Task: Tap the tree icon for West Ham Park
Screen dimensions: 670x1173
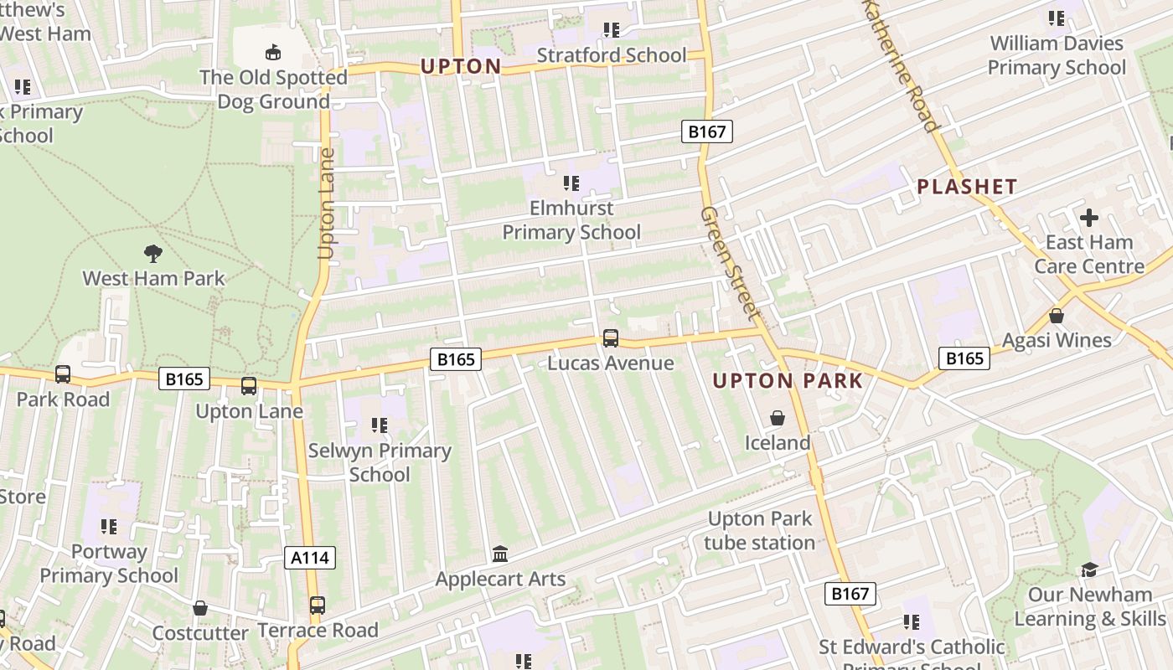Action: [x=152, y=253]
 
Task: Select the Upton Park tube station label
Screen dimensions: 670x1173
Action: [x=759, y=531]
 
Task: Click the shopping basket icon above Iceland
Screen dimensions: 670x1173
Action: [x=778, y=418]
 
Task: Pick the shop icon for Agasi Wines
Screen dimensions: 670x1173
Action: [x=1057, y=316]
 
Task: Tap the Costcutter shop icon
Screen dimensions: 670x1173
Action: [x=199, y=608]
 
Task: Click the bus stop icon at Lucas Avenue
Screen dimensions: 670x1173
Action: [x=611, y=338]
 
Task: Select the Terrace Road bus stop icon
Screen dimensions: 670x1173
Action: [x=317, y=606]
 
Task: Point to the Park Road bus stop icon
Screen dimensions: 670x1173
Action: [x=63, y=374]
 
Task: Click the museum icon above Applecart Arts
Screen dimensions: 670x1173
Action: [x=500, y=554]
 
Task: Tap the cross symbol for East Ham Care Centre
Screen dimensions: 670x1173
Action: [x=1088, y=218]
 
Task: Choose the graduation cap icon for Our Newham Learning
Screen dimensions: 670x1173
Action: [x=1088, y=569]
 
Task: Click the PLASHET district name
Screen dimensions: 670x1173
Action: [x=967, y=187]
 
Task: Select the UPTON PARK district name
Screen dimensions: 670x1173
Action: [x=787, y=381]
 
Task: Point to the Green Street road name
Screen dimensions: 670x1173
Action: [x=731, y=263]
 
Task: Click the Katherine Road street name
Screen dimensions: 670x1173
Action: [x=902, y=65]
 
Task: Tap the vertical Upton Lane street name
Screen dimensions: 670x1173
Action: [x=326, y=204]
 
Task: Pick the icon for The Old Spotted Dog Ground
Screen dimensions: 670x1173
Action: [x=272, y=53]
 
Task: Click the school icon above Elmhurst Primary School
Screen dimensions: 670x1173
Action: [x=571, y=183]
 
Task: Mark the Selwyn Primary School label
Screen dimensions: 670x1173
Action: [x=380, y=462]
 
